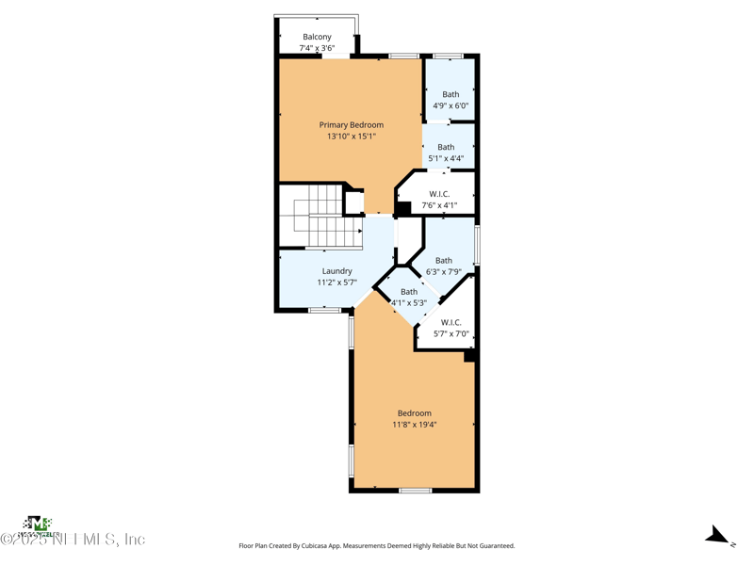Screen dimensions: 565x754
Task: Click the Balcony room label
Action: pyautogui.click(x=317, y=37)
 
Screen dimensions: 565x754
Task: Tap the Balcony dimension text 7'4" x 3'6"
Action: pyautogui.click(x=317, y=48)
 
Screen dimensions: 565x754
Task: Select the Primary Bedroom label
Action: pyautogui.click(x=351, y=124)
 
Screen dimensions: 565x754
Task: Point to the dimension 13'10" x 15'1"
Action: pyautogui.click(x=351, y=137)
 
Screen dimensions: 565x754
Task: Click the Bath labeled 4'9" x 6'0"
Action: pyautogui.click(x=451, y=94)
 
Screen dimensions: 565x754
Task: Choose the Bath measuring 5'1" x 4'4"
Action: pyautogui.click(x=446, y=147)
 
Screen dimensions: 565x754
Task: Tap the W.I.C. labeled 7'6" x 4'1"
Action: pyautogui.click(x=439, y=194)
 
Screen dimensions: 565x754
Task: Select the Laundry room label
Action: pyautogui.click(x=336, y=271)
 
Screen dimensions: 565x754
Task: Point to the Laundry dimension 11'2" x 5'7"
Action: pyautogui.click(x=336, y=282)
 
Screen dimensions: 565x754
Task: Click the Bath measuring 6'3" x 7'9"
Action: pyautogui.click(x=443, y=261)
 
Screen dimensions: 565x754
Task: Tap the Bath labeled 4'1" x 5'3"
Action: pyautogui.click(x=409, y=292)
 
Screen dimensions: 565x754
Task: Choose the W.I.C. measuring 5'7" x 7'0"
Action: pyautogui.click(x=451, y=322)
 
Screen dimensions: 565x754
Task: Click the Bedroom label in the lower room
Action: pyautogui.click(x=414, y=413)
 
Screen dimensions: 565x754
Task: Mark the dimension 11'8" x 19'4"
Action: pyautogui.click(x=414, y=425)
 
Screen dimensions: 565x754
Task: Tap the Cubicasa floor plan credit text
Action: pyautogui.click(x=377, y=546)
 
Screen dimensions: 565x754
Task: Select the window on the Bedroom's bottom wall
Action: pyautogui.click(x=415, y=491)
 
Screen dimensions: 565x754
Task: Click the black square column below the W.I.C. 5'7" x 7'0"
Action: pyautogui.click(x=469, y=356)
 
